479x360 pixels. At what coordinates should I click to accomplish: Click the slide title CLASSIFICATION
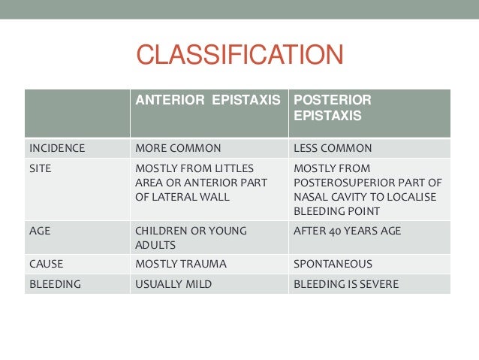pyautogui.click(x=239, y=56)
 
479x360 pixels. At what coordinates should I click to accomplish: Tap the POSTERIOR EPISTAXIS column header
pyautogui.click(x=331, y=107)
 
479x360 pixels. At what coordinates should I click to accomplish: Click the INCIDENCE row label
pyautogui.click(x=57, y=148)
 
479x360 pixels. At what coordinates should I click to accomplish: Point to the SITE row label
pyautogui.click(x=40, y=168)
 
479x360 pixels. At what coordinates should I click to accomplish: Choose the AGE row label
pyautogui.click(x=40, y=231)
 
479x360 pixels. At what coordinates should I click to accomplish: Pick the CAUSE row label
pyautogui.click(x=45, y=264)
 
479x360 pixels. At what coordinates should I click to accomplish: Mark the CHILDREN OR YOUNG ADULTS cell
pyautogui.click(x=190, y=237)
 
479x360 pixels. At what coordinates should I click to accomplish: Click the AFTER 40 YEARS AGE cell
pyautogui.click(x=347, y=231)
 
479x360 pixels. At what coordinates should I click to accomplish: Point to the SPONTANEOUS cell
pyautogui.click(x=333, y=264)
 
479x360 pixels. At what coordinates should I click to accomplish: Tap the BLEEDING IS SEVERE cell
pyautogui.click(x=345, y=284)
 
